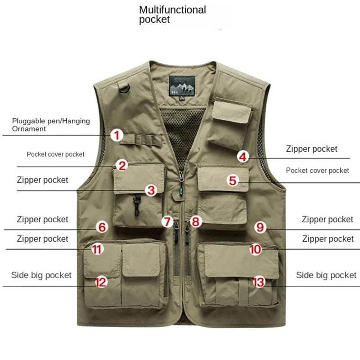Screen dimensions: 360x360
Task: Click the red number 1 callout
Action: click(x=117, y=135)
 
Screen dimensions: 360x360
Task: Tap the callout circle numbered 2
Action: click(x=122, y=165)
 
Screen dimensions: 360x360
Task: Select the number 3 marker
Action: click(x=151, y=190)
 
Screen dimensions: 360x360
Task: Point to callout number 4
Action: click(x=243, y=157)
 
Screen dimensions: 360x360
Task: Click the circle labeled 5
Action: click(x=233, y=181)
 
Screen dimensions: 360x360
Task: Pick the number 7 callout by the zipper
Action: click(x=167, y=221)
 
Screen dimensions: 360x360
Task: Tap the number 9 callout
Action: click(x=260, y=227)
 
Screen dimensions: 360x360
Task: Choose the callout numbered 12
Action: click(x=101, y=282)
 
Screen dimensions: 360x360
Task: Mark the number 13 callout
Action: click(x=259, y=282)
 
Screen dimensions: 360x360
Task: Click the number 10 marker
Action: click(x=255, y=248)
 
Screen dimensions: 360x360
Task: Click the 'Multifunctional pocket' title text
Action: click(x=172, y=14)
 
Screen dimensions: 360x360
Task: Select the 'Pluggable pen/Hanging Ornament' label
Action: click(x=51, y=125)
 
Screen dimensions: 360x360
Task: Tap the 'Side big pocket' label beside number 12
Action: click(x=41, y=275)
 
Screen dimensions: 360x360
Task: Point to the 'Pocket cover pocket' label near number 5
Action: click(x=317, y=171)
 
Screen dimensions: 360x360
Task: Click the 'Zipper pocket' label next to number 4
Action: click(x=311, y=149)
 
